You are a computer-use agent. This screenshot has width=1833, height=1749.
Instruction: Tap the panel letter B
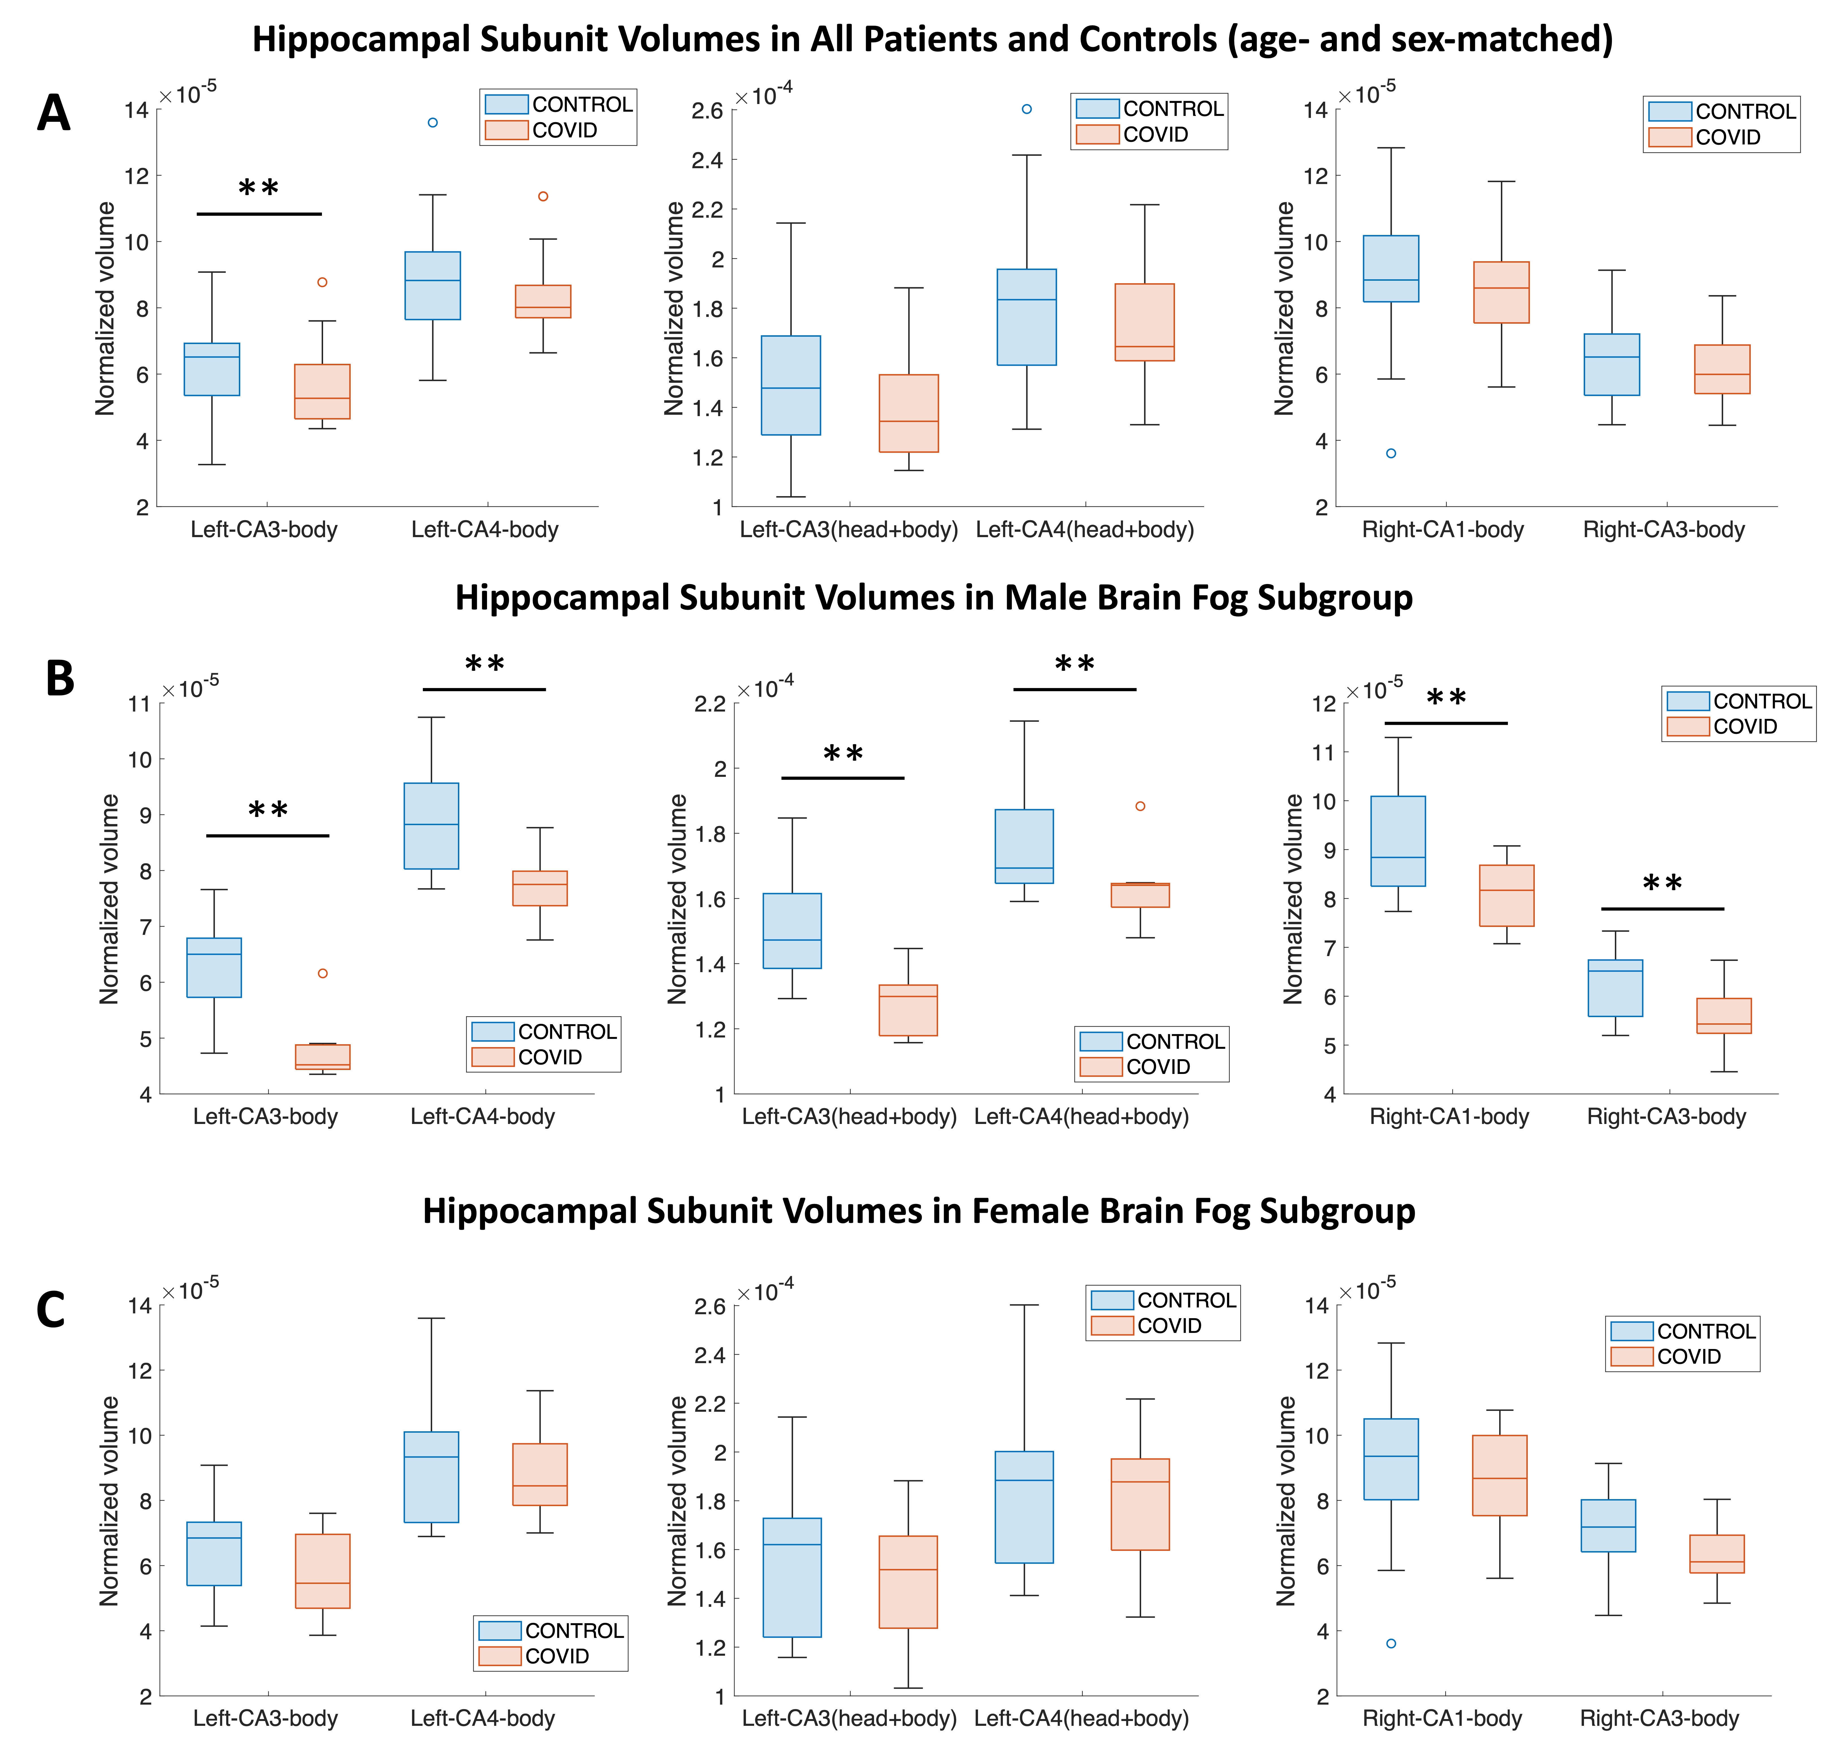60,678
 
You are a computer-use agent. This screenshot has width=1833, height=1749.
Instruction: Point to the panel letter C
50,1310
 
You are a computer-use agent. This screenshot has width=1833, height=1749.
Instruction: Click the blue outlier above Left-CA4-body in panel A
433,122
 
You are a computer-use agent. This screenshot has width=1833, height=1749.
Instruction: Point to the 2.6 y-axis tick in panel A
707,111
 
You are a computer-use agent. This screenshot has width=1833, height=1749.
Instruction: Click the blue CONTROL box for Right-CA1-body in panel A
1391,269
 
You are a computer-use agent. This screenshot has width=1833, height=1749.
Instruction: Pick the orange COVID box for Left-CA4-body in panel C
540,1474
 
